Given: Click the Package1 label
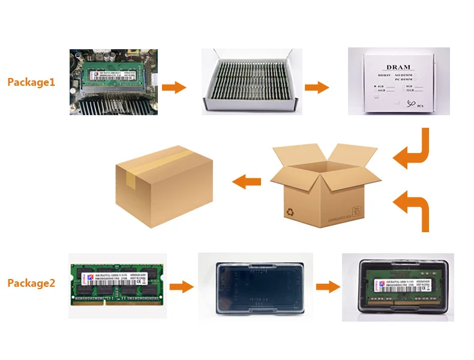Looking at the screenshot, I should (x=31, y=82).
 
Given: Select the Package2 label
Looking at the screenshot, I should (x=31, y=283).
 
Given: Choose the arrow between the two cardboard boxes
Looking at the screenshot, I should (x=247, y=181).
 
